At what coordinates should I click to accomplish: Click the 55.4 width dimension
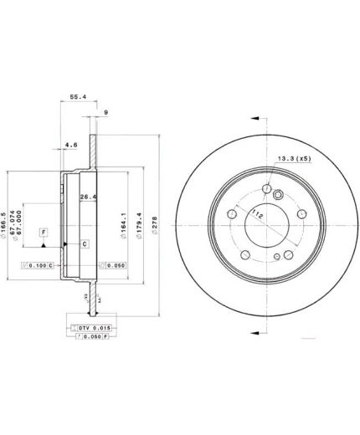coord(76,96)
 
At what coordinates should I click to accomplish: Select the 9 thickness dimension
coord(105,112)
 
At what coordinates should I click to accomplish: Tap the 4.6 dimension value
coord(72,145)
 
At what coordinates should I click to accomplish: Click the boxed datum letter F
coord(44,232)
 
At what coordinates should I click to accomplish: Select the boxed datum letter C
coord(84,243)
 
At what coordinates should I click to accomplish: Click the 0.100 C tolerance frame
coord(36,265)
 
